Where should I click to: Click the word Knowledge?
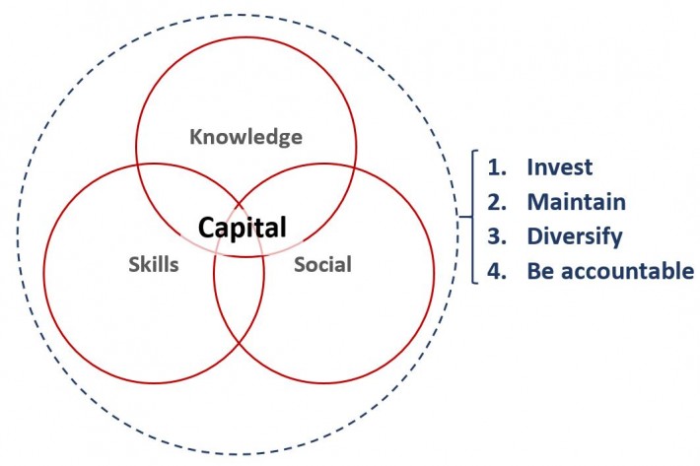pos(245,137)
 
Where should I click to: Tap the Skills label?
pos(154,264)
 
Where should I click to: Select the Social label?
pos(322,264)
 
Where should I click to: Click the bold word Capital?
pos(242,229)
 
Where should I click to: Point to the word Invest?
pos(559,167)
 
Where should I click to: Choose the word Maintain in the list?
pos(577,202)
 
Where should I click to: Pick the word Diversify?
pos(575,236)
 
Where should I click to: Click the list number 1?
pos(497,167)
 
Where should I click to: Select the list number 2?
pos(497,202)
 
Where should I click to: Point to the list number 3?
pos(497,236)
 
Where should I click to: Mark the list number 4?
pos(497,271)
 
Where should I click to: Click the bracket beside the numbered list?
pos(473,217)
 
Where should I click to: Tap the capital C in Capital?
pos(207,228)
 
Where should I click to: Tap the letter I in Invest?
pos(529,167)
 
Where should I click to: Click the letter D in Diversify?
pos(534,236)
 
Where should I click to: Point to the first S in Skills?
pos(134,264)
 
